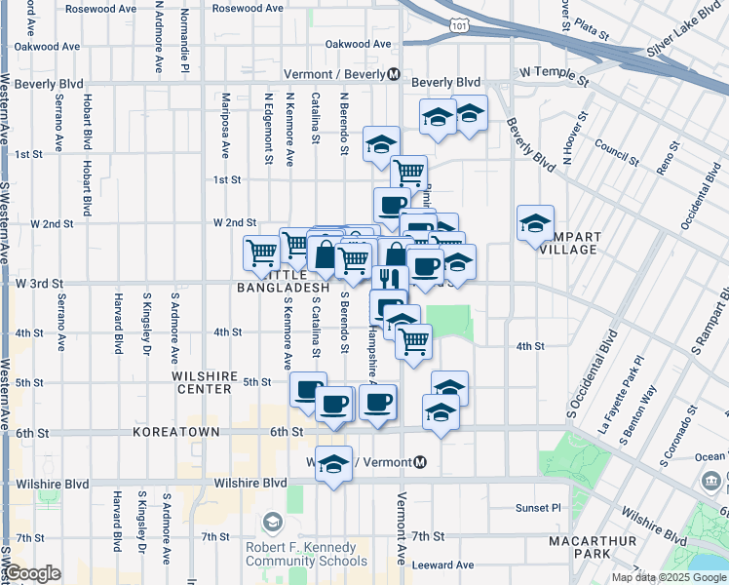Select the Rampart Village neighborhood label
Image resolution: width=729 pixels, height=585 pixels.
click(x=558, y=243)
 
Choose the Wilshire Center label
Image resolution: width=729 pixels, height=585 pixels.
click(x=203, y=382)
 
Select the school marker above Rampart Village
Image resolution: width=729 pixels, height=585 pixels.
click(x=535, y=224)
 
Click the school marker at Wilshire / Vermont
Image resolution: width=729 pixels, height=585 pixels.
click(x=333, y=464)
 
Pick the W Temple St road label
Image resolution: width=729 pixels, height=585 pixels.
click(x=556, y=73)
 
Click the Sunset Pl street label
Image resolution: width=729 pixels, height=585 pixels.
click(x=538, y=508)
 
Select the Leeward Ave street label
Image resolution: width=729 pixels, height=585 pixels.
click(x=442, y=565)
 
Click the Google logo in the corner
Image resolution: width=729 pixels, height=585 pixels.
click(x=34, y=574)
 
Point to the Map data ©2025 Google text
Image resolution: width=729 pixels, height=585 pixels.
click(x=669, y=577)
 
